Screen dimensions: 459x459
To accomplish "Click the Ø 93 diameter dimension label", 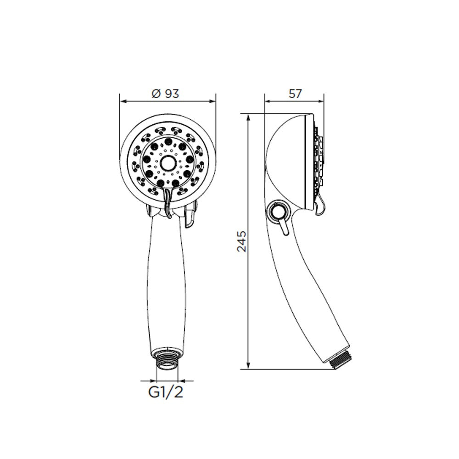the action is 165,94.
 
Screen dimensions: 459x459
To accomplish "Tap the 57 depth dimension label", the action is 295,94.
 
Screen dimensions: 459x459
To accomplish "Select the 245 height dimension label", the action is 242,241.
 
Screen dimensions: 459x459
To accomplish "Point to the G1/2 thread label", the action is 166,392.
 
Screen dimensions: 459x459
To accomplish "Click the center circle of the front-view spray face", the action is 168,163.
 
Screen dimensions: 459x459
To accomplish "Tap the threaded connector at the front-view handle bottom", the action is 167,358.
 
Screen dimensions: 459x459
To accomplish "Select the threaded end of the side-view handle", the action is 341,359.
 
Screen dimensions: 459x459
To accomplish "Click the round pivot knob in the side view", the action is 277,211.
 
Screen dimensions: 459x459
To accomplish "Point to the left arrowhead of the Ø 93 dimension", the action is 123,101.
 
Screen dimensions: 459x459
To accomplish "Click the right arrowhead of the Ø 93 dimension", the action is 212,101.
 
